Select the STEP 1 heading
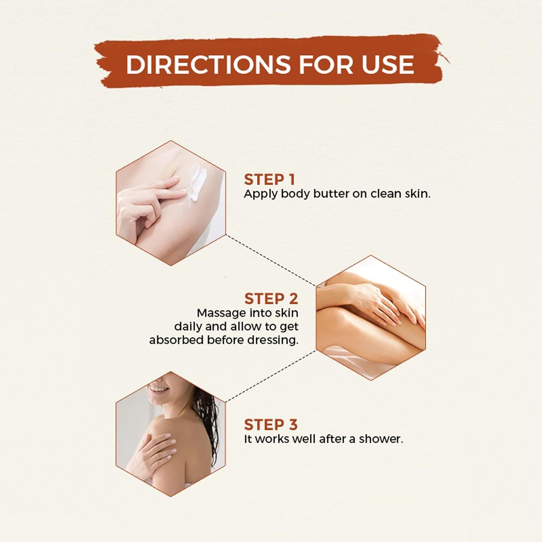(x=269, y=180)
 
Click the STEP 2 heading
(x=271, y=299)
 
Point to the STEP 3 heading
(x=271, y=425)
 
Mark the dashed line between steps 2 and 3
(x=271, y=376)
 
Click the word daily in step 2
(x=188, y=327)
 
